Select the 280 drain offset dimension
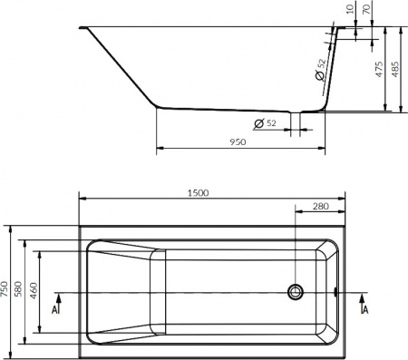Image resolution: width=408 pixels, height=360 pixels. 319,207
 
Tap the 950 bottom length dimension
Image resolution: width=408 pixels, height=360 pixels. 238,142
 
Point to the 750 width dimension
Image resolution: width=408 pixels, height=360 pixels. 6,287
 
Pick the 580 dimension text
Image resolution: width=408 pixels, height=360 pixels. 24,287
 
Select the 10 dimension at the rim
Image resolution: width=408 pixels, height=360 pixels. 349,10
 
